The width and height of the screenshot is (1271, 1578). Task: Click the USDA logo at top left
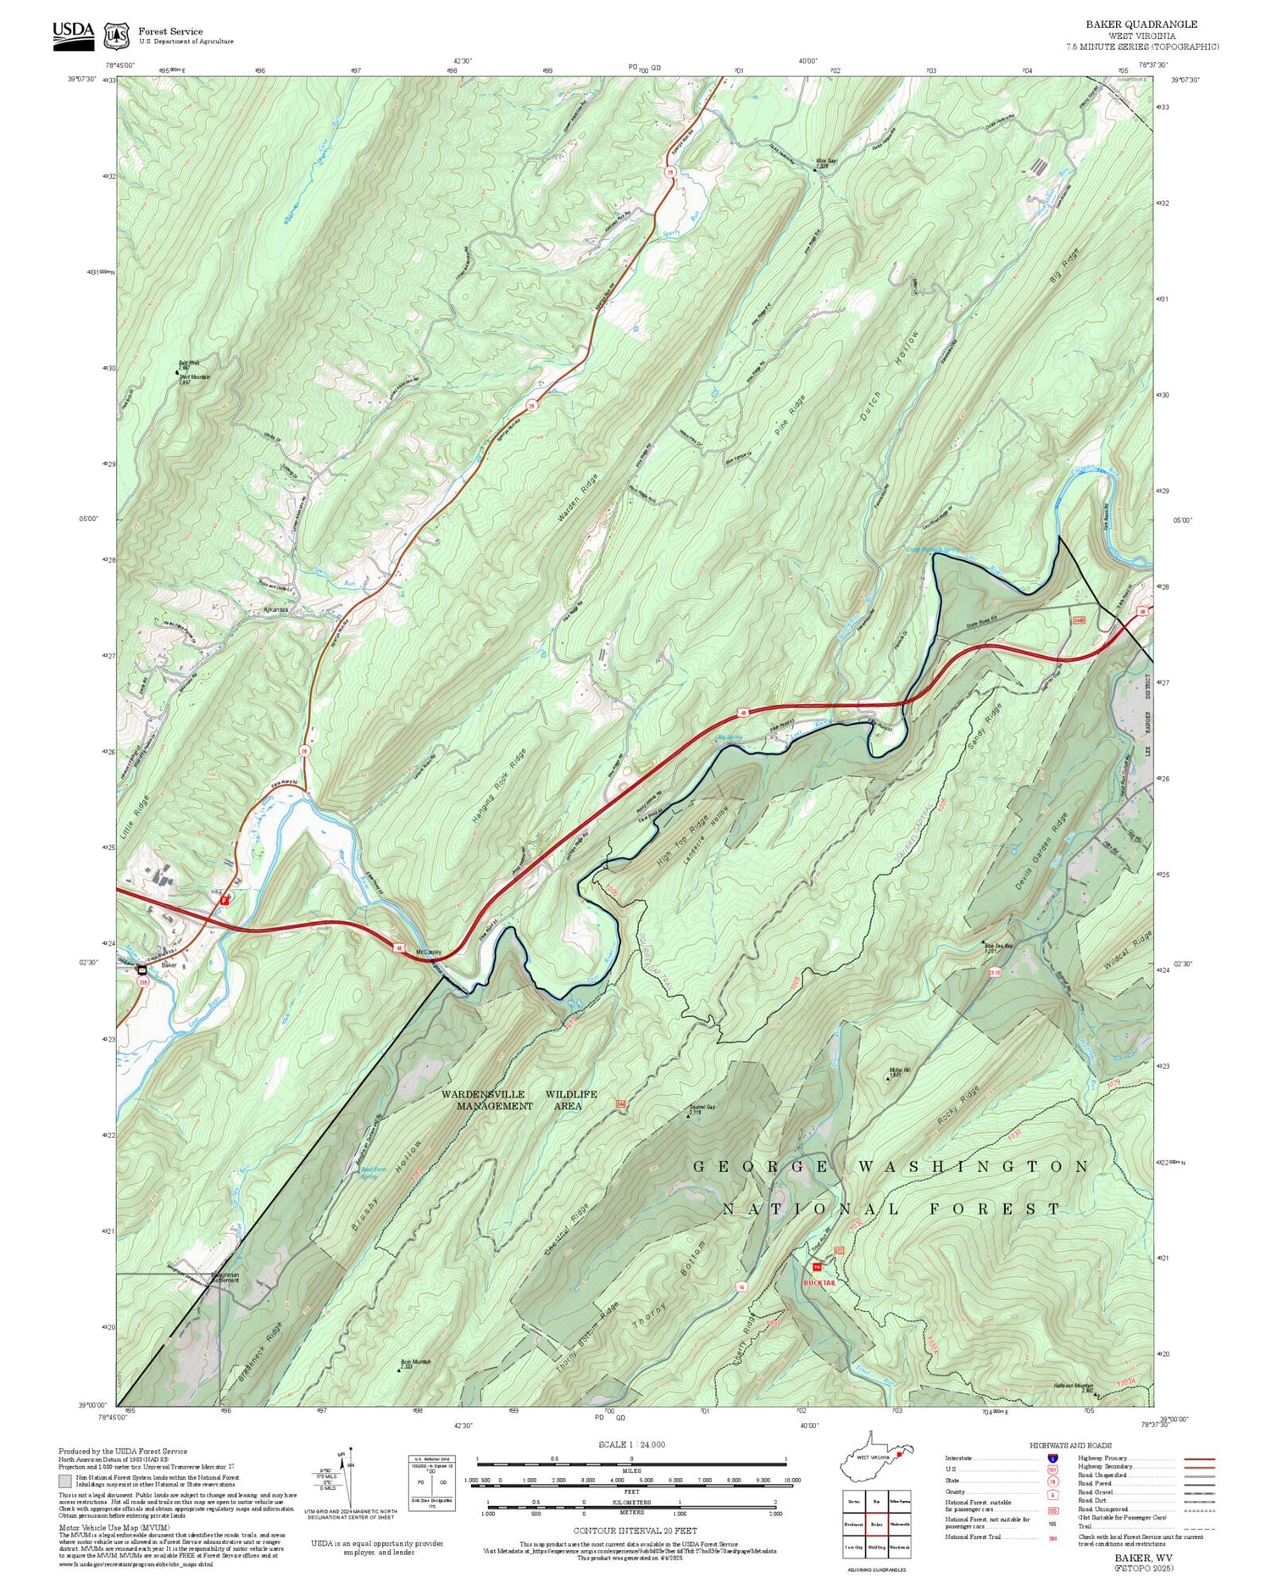[x=73, y=35]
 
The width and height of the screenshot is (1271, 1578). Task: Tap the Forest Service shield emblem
[x=115, y=36]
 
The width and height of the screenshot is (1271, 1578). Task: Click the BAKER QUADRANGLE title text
[x=1153, y=25]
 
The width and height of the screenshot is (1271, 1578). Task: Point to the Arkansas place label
[x=275, y=609]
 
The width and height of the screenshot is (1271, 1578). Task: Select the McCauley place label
[x=428, y=952]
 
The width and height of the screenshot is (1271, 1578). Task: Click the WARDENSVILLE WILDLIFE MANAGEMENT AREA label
[x=519, y=1100]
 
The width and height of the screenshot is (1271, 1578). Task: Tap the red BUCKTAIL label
[x=819, y=1283]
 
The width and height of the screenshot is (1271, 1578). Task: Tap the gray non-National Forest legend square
[x=65, y=1481]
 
